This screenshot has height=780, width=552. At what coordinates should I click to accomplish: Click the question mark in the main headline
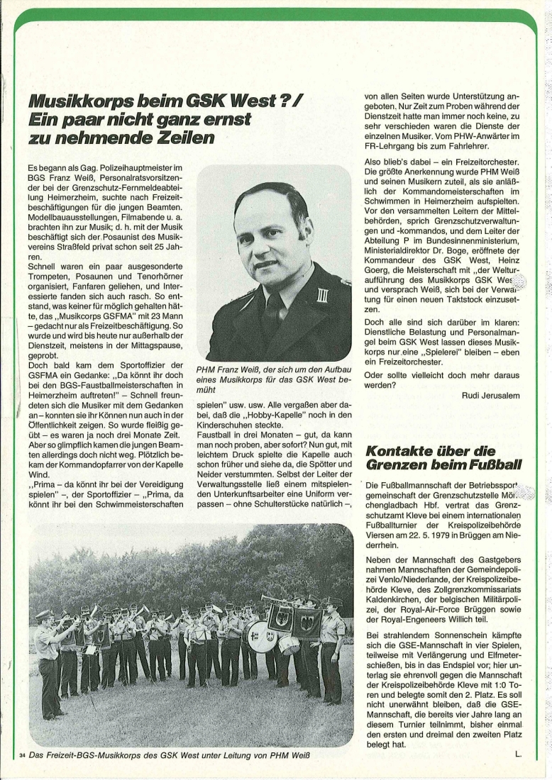tap(271, 101)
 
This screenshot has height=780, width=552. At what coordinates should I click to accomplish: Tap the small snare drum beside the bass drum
tap(289, 645)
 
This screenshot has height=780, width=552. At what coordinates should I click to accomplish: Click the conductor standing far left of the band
tap(48, 652)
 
